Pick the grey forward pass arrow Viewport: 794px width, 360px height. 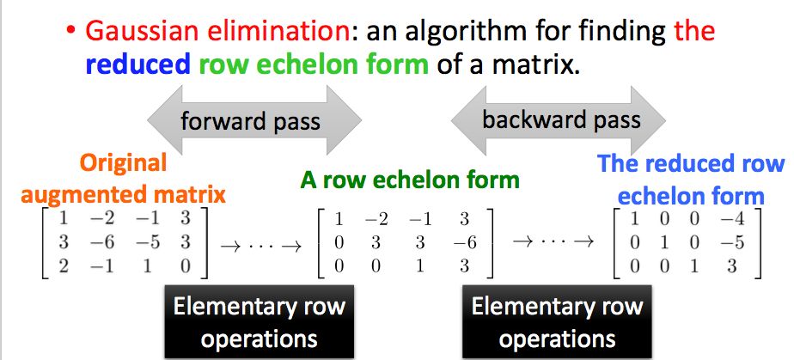tap(250, 120)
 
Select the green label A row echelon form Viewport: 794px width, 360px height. tap(409, 180)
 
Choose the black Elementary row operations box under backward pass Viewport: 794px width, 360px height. tap(557, 322)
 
